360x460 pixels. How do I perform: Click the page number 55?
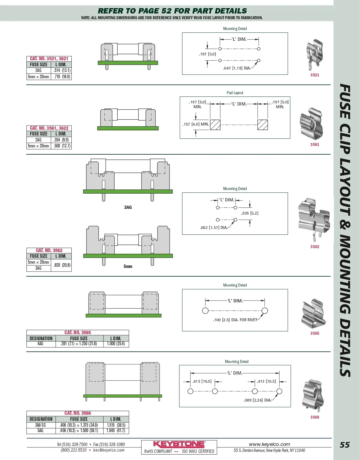[345, 445]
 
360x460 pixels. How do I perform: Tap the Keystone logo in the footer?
[179, 444]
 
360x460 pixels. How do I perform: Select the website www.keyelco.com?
[269, 444]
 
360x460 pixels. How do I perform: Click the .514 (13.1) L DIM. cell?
[62, 70]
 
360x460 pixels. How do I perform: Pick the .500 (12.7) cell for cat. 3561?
[62, 146]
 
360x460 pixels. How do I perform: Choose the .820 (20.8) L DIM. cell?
[62, 265]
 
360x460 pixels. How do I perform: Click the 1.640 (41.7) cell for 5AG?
[116, 431]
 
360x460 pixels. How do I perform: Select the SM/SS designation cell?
[41, 425]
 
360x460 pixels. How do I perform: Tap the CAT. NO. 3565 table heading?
[78, 332]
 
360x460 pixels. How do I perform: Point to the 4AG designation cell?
[40, 344]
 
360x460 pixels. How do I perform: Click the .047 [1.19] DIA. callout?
[237, 68]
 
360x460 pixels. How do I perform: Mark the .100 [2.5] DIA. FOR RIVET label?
[235, 320]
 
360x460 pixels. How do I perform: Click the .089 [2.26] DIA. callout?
[257, 400]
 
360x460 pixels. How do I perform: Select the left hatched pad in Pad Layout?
[215, 125]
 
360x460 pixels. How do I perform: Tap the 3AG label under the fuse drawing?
[128, 207]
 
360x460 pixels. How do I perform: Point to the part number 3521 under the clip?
[315, 75]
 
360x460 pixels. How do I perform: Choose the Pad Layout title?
[235, 93]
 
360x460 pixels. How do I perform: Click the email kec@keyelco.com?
[109, 450]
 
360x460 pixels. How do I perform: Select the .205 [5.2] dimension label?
[250, 213]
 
